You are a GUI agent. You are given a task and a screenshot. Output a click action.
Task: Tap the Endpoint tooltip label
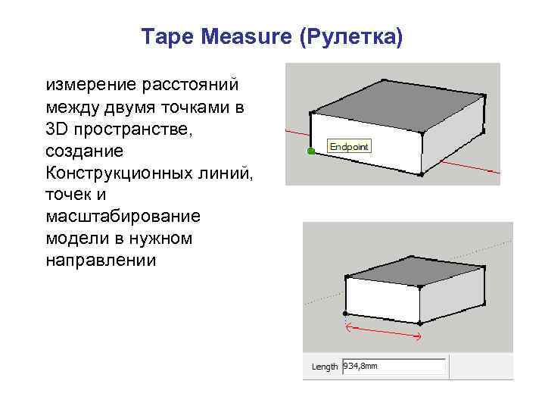click(348, 145)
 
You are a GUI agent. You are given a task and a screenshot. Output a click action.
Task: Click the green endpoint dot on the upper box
click(310, 151)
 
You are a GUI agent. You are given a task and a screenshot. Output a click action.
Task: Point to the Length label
click(325, 367)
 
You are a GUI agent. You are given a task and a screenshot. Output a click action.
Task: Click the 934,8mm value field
click(393, 367)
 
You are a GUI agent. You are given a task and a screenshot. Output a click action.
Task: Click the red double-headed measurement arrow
click(383, 330)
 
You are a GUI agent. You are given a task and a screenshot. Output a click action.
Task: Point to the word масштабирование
click(123, 217)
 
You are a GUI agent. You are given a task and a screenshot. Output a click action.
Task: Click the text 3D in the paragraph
click(57, 130)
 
